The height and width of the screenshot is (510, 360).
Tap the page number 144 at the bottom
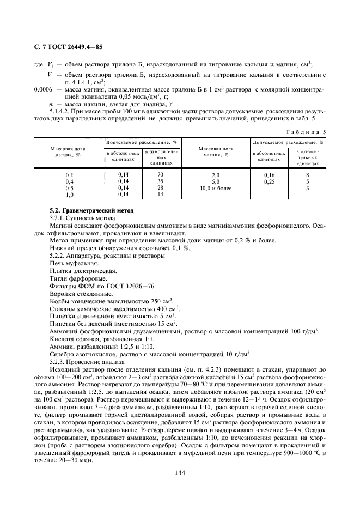pos(180,472)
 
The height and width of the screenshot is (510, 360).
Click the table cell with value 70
pos(160,174)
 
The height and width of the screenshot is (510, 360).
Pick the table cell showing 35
pos(160,181)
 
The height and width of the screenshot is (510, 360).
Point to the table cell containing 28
pos(160,187)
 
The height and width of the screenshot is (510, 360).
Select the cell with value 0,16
pos(269,174)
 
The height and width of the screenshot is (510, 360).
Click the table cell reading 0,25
pos(269,181)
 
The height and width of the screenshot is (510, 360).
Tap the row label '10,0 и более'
pos(216,188)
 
